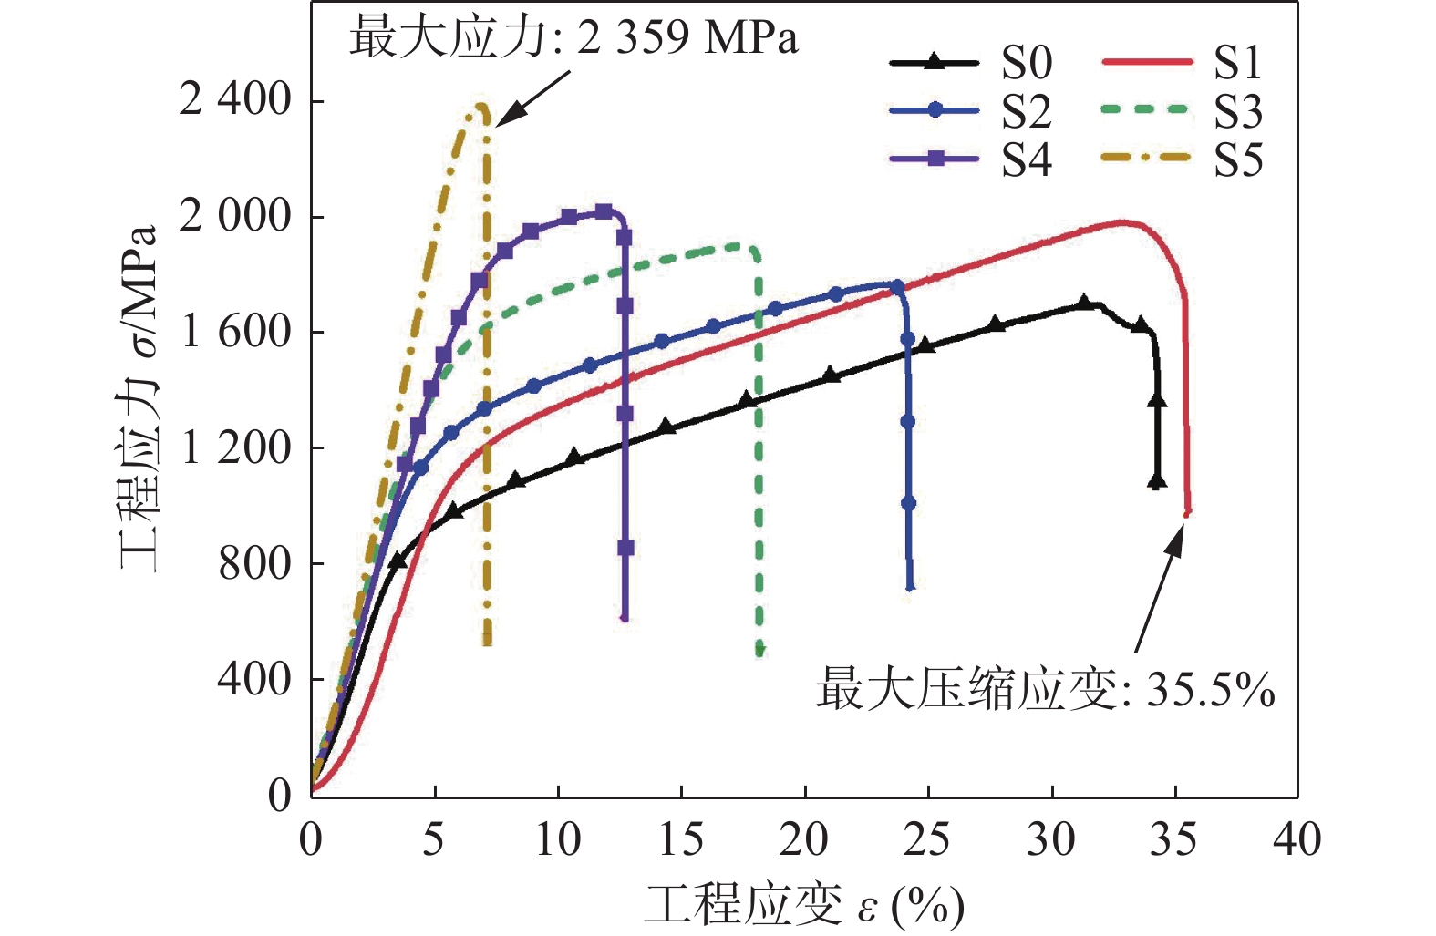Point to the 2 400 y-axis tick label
pyautogui.click(x=235, y=100)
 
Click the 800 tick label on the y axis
pyautogui.click(x=254, y=563)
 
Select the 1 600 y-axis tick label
pyautogui.click(x=235, y=332)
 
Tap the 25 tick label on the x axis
pyautogui.click(x=927, y=839)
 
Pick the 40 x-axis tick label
pyautogui.click(x=1297, y=839)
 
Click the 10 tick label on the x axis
pyautogui.click(x=557, y=839)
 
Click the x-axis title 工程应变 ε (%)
pyautogui.click(x=804, y=905)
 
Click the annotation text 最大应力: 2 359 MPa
pyautogui.click(x=573, y=38)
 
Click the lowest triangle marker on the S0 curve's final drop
pyautogui.click(x=1157, y=480)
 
